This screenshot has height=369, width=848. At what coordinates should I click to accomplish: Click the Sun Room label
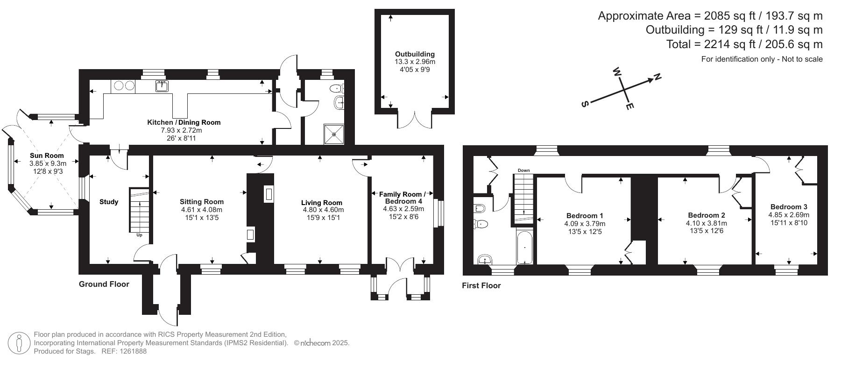click(x=47, y=156)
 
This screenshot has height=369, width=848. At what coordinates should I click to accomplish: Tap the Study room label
click(x=109, y=202)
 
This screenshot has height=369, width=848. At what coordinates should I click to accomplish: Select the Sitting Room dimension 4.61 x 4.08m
click(x=202, y=210)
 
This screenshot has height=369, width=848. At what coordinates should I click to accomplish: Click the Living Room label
click(x=321, y=203)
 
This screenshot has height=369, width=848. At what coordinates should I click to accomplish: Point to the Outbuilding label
click(x=415, y=54)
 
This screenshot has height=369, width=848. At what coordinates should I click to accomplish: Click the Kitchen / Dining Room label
click(x=184, y=122)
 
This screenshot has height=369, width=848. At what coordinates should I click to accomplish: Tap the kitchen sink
click(x=162, y=86)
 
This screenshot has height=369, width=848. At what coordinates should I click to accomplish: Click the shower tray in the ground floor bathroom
click(x=334, y=134)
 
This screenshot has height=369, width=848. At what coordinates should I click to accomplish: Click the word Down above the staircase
click(x=523, y=170)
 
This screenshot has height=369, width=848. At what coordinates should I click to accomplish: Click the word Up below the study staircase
click(x=139, y=235)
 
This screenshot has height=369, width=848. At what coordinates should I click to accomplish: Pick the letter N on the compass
click(x=657, y=77)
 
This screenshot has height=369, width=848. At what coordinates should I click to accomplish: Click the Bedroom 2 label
click(x=706, y=215)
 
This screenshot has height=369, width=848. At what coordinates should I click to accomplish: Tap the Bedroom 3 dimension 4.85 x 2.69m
click(x=789, y=215)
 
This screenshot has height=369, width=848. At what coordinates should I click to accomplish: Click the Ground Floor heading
click(x=104, y=284)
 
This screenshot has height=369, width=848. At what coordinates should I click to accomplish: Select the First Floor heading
click(x=481, y=285)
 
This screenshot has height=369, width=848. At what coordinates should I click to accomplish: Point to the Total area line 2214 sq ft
click(x=744, y=44)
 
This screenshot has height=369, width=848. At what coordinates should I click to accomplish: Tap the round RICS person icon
click(x=19, y=343)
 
